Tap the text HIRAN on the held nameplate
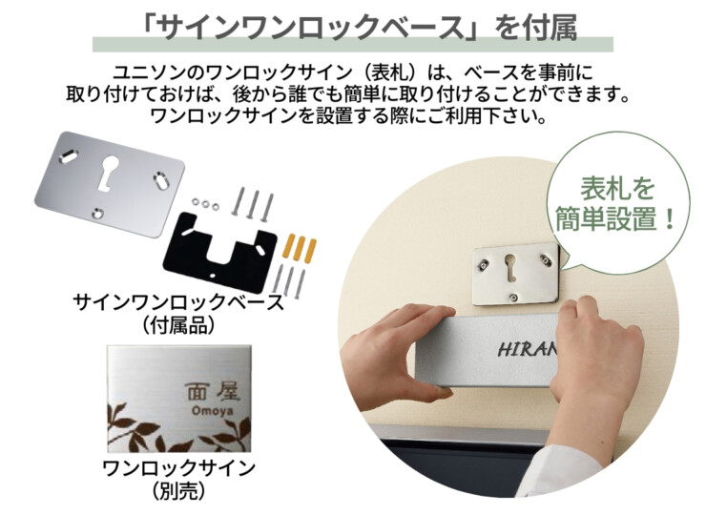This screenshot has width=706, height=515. (x=526, y=349)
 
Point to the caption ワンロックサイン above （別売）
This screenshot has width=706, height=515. (x=178, y=468)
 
